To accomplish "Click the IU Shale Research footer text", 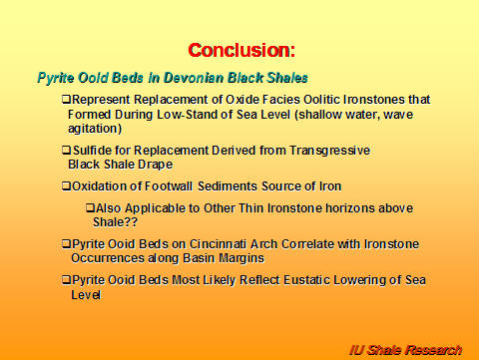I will tap(405, 349).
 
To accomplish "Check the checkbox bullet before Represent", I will tap(66, 101).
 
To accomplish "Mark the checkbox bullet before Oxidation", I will tap(66, 185).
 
